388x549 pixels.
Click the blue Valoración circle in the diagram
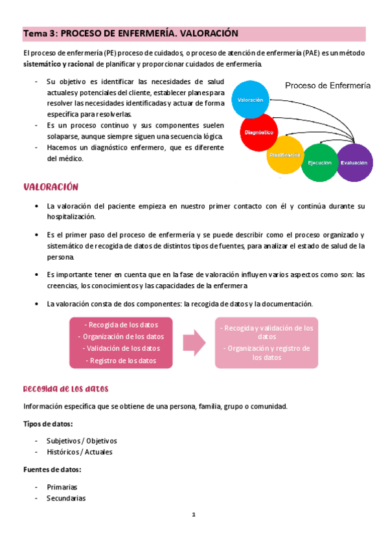tap(249, 101)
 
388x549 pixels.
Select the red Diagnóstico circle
tap(258, 132)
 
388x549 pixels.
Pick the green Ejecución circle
tap(319, 162)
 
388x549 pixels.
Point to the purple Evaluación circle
tap(354, 162)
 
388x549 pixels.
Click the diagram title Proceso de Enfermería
tap(328, 85)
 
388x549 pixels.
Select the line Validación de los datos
tap(122, 349)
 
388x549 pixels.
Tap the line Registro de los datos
tap(122, 361)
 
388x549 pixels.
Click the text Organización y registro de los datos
tap(266, 352)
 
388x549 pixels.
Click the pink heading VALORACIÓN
tap(51, 187)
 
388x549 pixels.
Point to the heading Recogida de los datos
tap(65, 389)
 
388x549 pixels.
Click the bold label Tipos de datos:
tap(48, 423)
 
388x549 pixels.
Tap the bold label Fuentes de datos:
tap(52, 469)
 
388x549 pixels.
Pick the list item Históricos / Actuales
tap(79, 452)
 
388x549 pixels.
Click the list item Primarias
tap(62, 486)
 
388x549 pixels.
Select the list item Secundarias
tap(66, 498)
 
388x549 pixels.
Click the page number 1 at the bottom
tap(193, 515)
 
